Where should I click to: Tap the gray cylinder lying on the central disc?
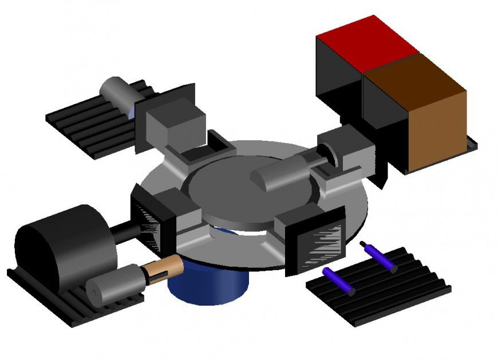[280, 172]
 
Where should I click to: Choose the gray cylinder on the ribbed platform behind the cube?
[117, 92]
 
